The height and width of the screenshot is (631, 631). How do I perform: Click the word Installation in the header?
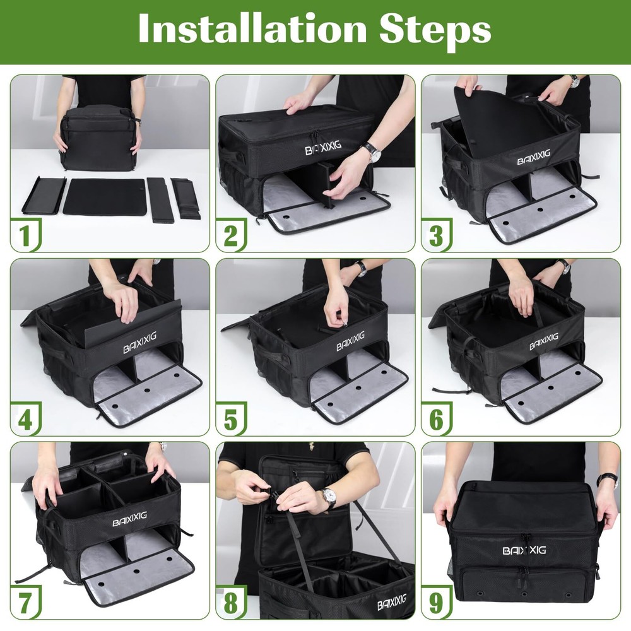pyautogui.click(x=252, y=28)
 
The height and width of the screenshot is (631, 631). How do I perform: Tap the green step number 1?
pyautogui.click(x=25, y=235)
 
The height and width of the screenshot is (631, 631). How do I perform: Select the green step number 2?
pyautogui.click(x=230, y=235)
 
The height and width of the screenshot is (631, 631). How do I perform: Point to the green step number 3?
pyautogui.click(x=436, y=235)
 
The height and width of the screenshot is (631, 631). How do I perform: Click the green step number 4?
pyautogui.click(x=25, y=420)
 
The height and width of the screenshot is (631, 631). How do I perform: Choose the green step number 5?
pyautogui.click(x=230, y=420)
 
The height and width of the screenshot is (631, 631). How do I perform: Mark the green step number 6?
pyautogui.click(x=436, y=420)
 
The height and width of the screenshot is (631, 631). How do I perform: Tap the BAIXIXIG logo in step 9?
pyautogui.click(x=524, y=550)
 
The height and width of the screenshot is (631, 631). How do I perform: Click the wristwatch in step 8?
pyautogui.click(x=328, y=496)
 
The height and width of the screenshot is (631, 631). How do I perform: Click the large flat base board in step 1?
pyautogui.click(x=104, y=196)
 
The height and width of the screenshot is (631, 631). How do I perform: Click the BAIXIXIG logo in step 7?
pyautogui.click(x=129, y=519)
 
